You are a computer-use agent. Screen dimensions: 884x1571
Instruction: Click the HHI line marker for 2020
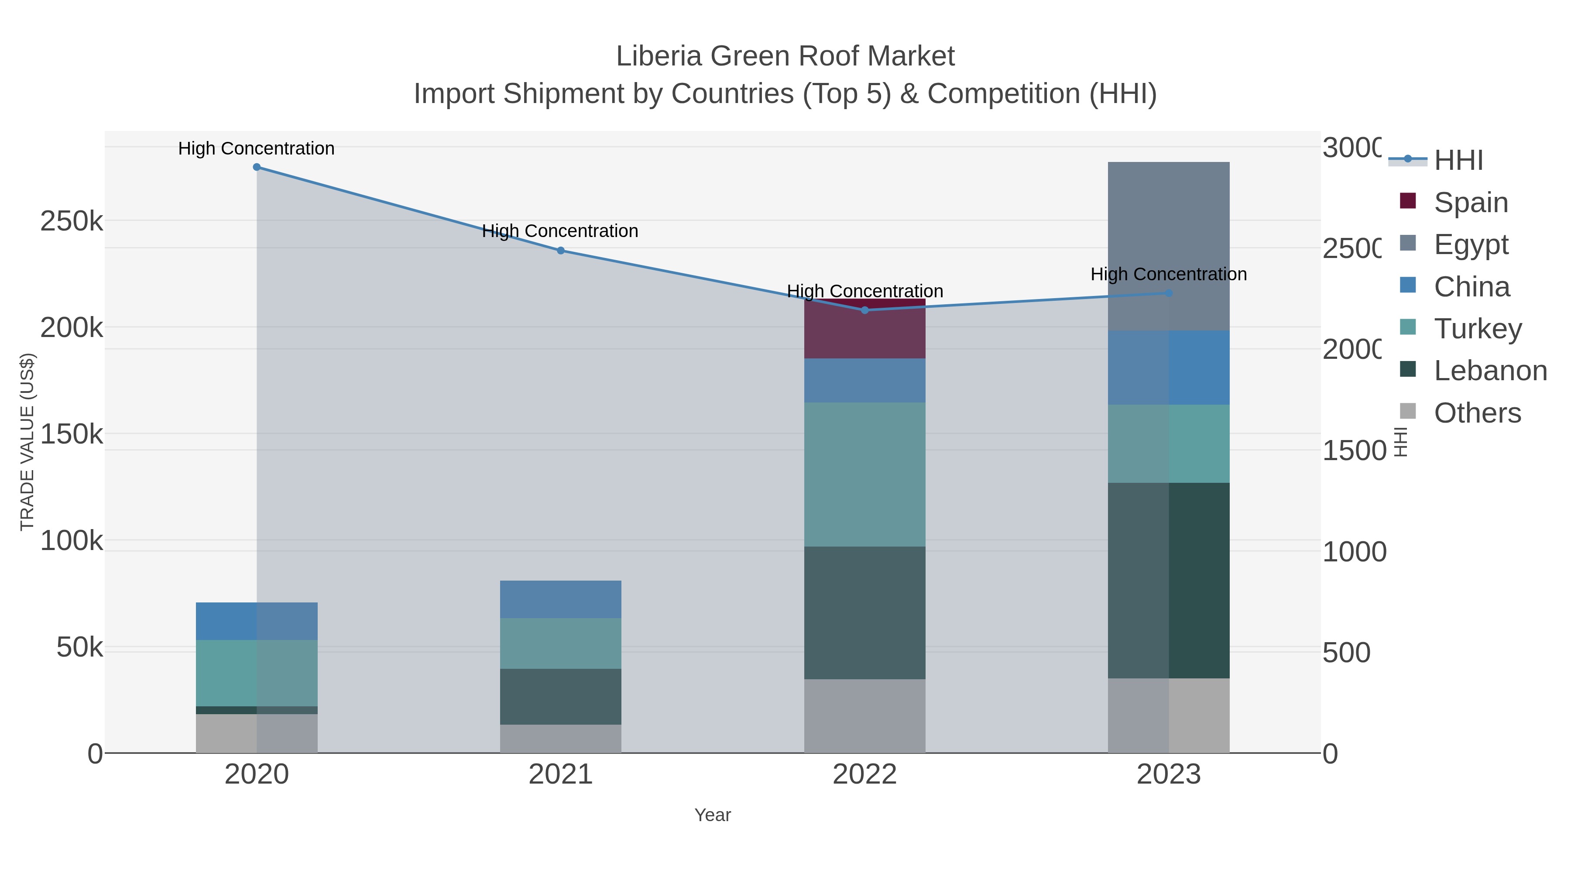click(257, 167)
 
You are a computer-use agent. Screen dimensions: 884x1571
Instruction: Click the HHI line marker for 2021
click(560, 251)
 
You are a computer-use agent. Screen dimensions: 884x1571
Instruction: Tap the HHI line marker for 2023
click(1169, 293)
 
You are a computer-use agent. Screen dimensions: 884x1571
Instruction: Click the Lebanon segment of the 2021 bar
click(560, 697)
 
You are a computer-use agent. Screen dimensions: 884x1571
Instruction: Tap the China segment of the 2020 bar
click(257, 621)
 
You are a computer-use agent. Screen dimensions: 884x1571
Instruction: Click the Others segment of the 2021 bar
click(560, 739)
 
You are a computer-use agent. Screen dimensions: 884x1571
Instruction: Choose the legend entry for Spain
click(1470, 203)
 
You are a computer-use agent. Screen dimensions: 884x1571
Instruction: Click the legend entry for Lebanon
click(1490, 371)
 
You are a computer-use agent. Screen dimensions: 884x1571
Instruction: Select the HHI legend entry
click(1458, 161)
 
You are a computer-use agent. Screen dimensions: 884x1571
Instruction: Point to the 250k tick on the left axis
click(72, 221)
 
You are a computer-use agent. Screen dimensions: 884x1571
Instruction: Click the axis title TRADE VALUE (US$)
click(27, 442)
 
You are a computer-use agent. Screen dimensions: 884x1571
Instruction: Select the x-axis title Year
click(712, 815)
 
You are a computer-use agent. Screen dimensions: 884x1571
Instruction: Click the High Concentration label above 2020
click(257, 149)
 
